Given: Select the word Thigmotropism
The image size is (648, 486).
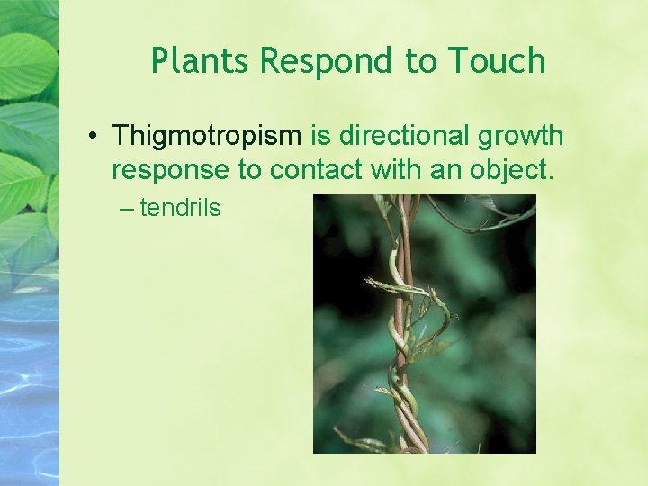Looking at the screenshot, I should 206,137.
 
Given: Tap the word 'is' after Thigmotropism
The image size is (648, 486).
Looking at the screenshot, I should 320,136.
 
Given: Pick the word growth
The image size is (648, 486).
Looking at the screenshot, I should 522,137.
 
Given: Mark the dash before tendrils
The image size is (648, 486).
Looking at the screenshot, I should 125,209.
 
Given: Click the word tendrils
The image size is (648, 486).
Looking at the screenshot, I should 180,208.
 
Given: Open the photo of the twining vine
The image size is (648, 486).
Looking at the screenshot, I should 424,324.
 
